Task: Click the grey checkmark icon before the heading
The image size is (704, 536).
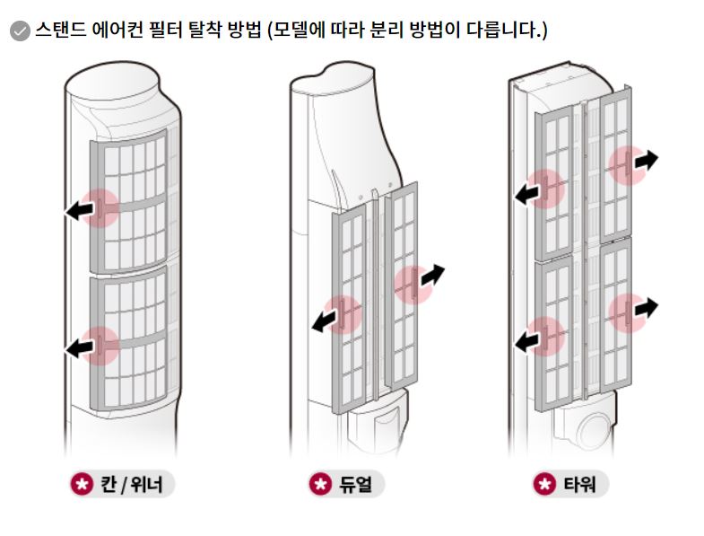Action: [20, 31]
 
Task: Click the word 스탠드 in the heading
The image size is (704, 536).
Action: [61, 30]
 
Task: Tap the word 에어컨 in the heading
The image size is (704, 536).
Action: [118, 30]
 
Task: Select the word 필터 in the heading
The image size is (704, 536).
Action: [166, 30]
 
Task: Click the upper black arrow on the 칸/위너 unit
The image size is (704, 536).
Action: [80, 209]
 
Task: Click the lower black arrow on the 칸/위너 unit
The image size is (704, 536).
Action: [80, 347]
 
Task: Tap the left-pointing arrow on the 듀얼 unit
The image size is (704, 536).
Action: [325, 321]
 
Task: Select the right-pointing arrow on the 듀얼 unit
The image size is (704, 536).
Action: [432, 276]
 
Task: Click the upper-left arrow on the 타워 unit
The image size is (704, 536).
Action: [526, 194]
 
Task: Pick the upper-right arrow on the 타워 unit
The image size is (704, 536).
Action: [646, 161]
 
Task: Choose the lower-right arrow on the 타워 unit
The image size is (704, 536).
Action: [646, 308]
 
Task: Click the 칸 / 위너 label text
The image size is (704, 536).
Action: [131, 484]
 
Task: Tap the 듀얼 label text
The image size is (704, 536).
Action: [355, 484]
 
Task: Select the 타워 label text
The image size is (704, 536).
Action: [579, 484]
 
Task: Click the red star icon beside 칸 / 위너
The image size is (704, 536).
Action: [82, 484]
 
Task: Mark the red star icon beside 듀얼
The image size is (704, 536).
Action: [320, 484]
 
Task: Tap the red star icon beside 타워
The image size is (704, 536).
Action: [544, 484]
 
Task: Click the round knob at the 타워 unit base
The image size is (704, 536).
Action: [595, 431]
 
